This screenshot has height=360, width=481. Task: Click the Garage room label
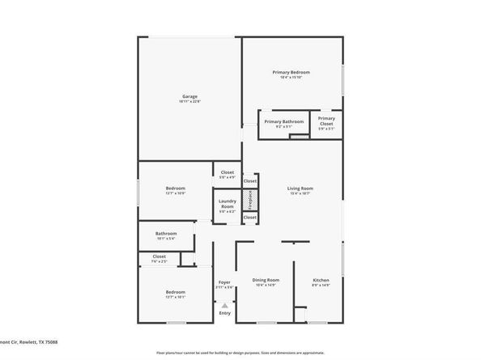189,96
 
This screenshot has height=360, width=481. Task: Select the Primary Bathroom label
284,121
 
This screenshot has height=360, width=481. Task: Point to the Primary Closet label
326,121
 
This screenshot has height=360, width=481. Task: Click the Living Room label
300,189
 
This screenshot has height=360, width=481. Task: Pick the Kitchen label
321,281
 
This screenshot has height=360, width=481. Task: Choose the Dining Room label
266,281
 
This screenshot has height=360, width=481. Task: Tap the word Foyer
224,282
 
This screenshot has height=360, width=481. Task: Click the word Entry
224,312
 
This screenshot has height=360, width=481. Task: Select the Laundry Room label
227,204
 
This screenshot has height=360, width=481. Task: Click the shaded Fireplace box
250,199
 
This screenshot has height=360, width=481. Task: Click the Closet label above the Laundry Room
228,172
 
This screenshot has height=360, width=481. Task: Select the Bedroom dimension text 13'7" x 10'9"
175,193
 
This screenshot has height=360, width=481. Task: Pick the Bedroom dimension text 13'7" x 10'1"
175,297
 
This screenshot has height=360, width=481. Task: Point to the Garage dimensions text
189,101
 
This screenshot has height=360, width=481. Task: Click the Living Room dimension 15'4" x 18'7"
300,194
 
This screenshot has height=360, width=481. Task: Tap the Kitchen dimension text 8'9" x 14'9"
321,286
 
